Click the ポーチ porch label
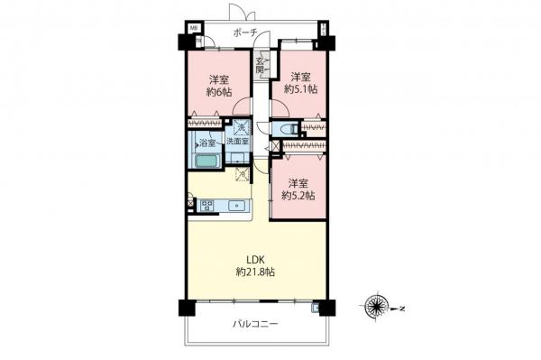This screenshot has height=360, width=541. coord(244,32)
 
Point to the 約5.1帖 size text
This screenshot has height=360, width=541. coord(298,89)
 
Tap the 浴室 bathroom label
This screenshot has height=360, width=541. coord(206,143)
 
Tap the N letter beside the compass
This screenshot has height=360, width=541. coord(402,309)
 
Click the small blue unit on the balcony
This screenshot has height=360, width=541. coord(315,308)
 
